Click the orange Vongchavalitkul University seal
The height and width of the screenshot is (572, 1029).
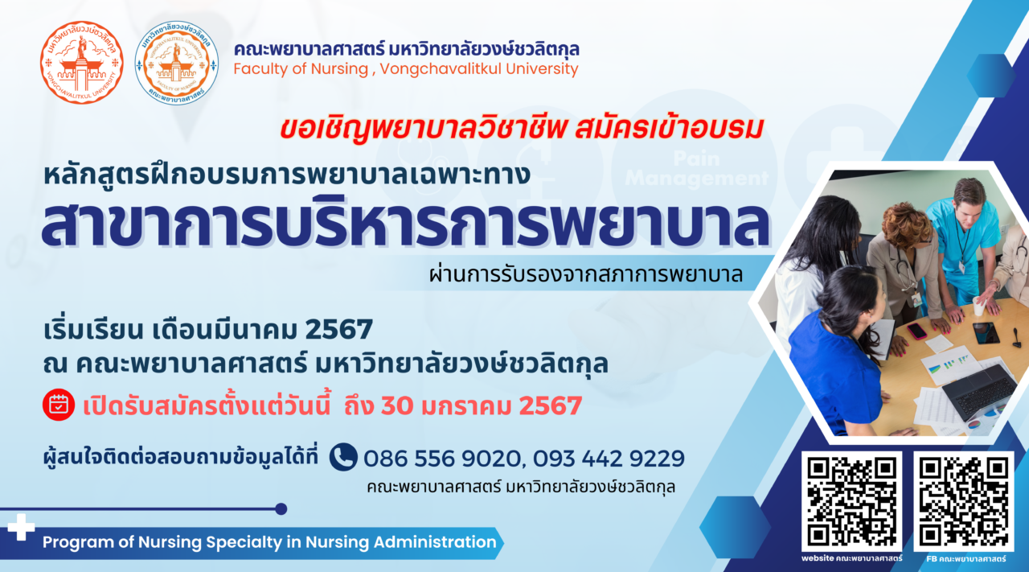pyautogui.click(x=82, y=62)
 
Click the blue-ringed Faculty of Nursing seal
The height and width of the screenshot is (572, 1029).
pyautogui.click(x=176, y=63)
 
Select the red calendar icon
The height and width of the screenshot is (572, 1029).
pyautogui.click(x=59, y=405)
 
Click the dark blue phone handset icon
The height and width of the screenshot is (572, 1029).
pyautogui.click(x=343, y=457)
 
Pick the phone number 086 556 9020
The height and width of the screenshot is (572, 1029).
pyautogui.click(x=441, y=459)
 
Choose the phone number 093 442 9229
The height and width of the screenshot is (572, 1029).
pyautogui.click(x=609, y=459)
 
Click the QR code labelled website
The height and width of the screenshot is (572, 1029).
pyautogui.click(x=851, y=502)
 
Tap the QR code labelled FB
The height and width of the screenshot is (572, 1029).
pyautogui.click(x=964, y=502)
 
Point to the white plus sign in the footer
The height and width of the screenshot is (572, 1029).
pyautogui.click(x=21, y=527)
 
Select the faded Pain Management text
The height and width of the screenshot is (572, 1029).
pyautogui.click(x=696, y=169)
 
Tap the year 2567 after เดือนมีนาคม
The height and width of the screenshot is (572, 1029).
pyautogui.click(x=338, y=329)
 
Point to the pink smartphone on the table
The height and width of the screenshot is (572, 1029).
pyautogui.click(x=917, y=331)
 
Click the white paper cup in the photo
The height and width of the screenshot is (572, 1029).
pyautogui.click(x=978, y=307)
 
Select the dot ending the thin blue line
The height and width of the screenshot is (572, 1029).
pyautogui.click(x=281, y=509)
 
